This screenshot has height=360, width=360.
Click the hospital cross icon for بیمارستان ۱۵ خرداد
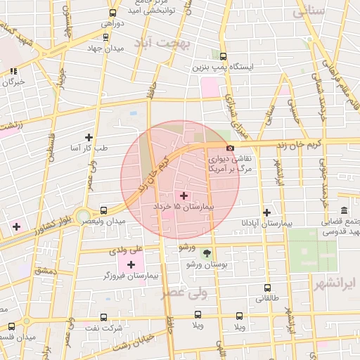click(x=184, y=195)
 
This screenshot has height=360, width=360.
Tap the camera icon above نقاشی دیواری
click(x=231, y=148)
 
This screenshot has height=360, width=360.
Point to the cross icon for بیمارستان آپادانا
click(x=266, y=212)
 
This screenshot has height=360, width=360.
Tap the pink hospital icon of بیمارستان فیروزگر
click(x=131, y=264)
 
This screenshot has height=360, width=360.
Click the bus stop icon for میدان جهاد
click(x=105, y=37)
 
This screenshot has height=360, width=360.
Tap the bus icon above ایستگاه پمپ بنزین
click(x=224, y=56)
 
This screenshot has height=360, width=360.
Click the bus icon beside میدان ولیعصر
click(x=104, y=210)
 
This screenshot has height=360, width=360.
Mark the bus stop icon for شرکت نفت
click(x=103, y=317)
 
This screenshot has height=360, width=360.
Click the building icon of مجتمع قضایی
click(x=344, y=212)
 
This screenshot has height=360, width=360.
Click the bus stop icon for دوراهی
click(x=112, y=13)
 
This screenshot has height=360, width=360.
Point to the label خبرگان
click(x=14, y=82)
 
